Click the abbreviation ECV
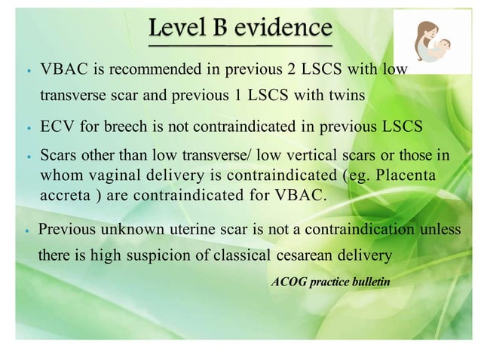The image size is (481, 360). pos(55,125)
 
